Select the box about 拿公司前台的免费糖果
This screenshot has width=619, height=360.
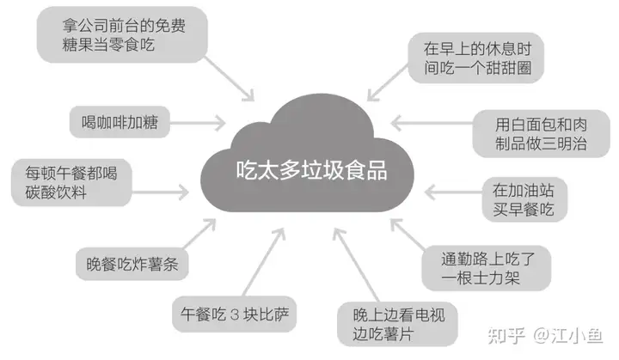pyautogui.click(x=124, y=34)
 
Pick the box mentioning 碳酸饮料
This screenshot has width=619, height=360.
pyautogui.click(x=70, y=182)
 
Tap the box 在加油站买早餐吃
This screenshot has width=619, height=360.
pyautogui.click(x=524, y=198)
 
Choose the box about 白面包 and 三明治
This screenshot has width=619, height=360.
pyautogui.click(x=533, y=133)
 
